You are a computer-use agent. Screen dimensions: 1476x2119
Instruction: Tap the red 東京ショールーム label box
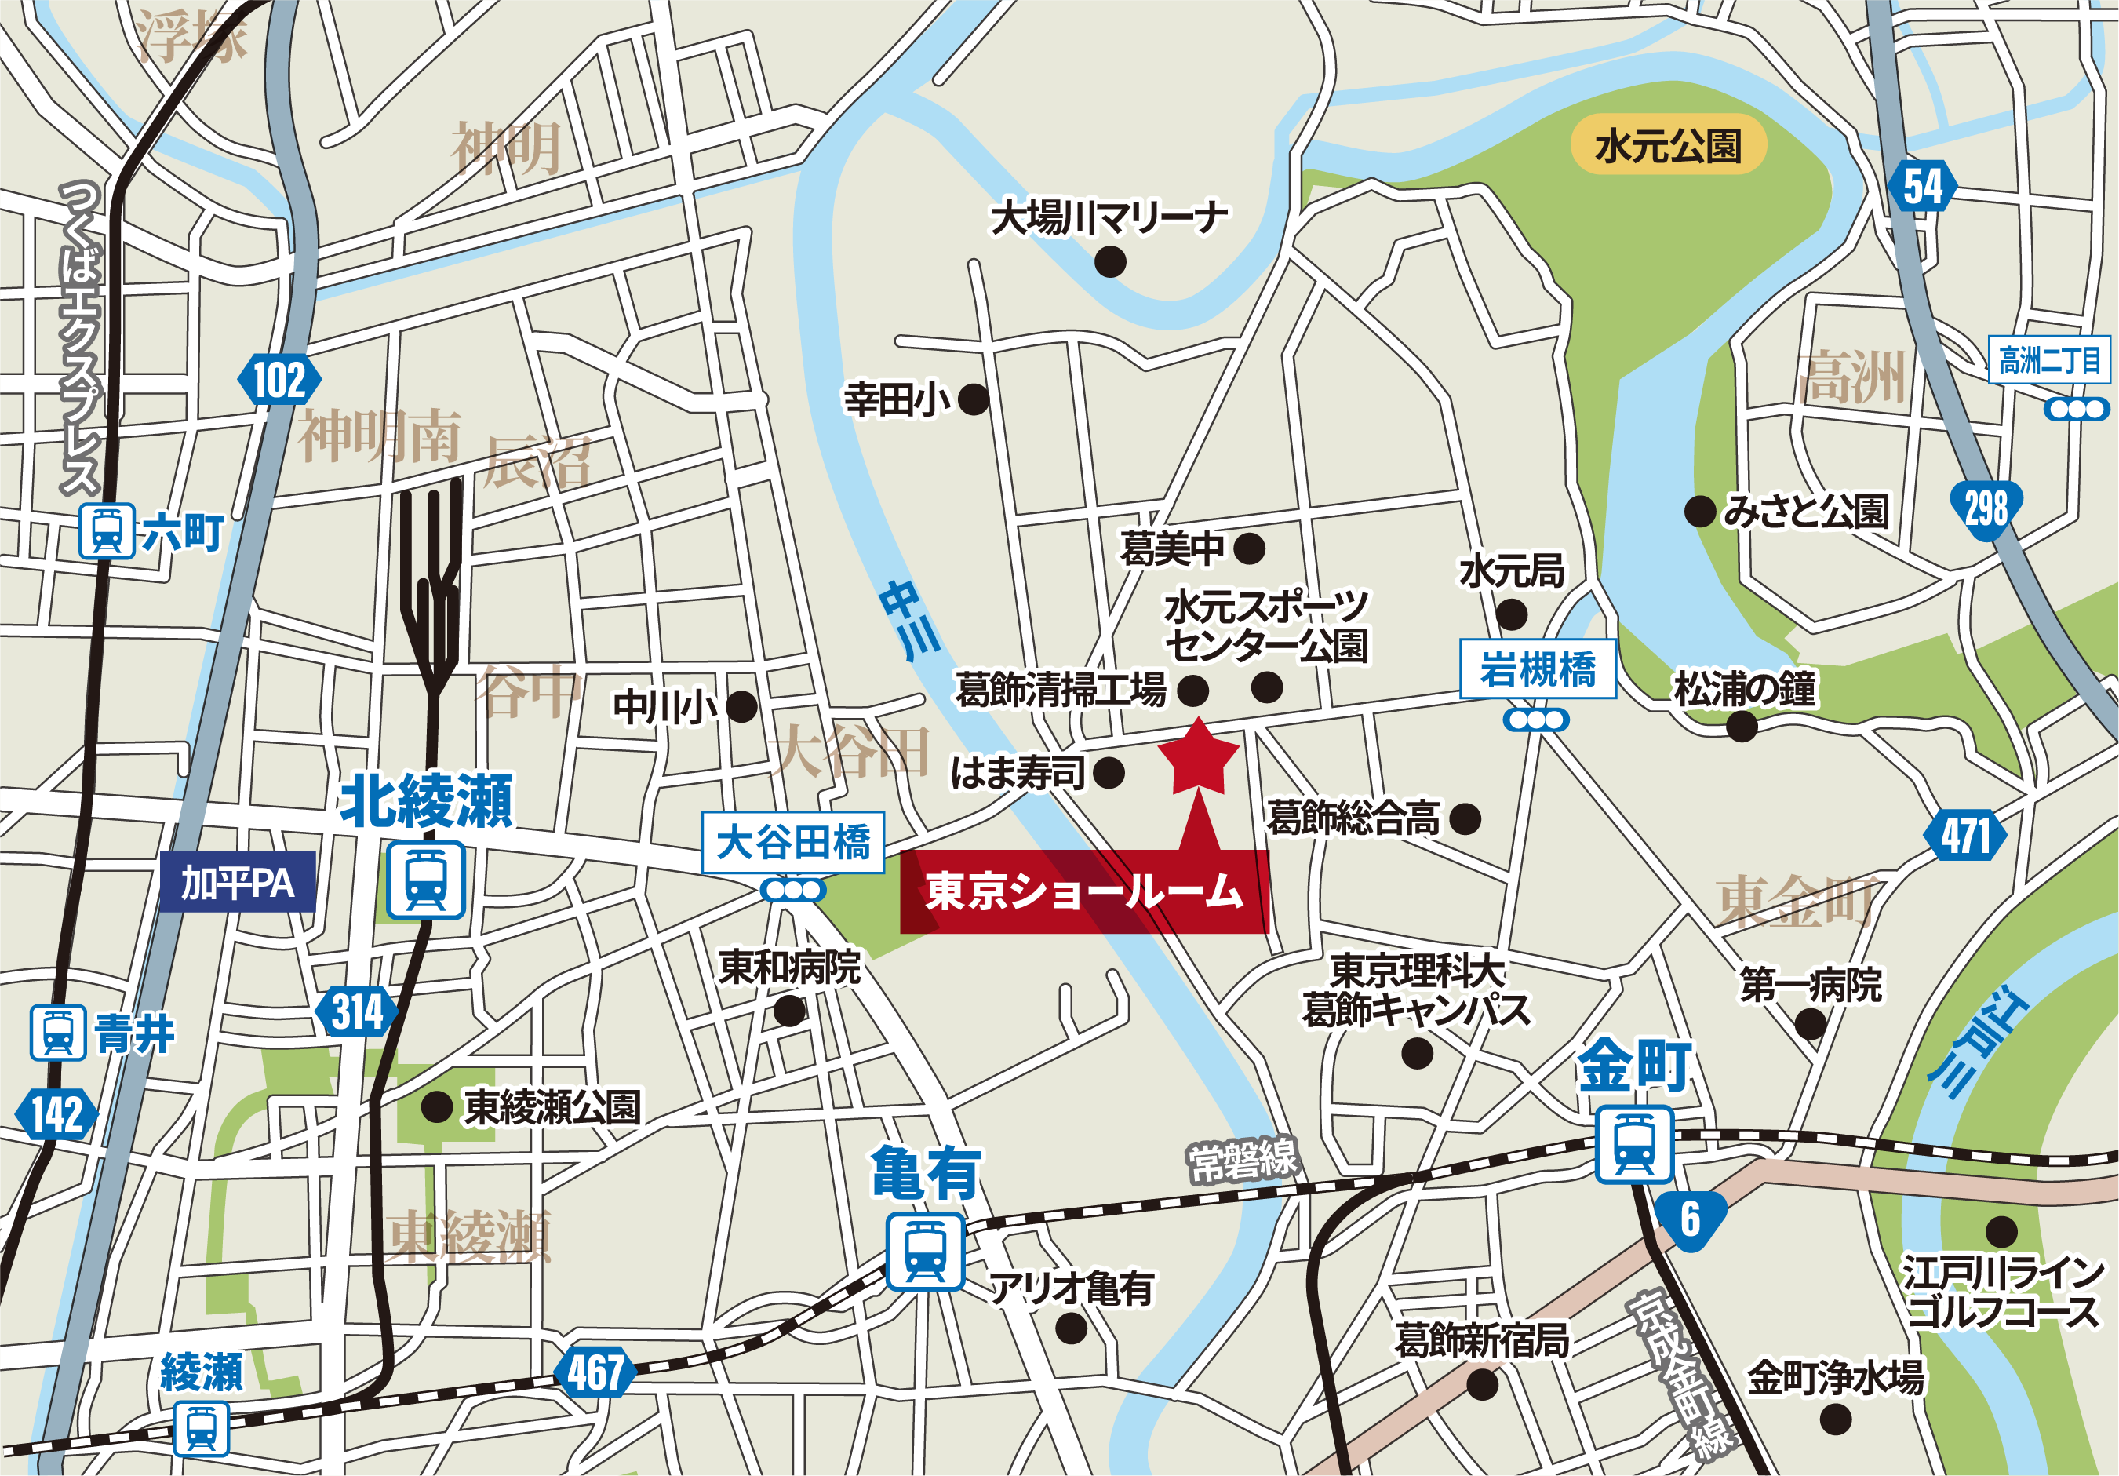(1083, 891)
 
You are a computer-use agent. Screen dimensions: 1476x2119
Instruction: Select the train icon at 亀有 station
(925, 1252)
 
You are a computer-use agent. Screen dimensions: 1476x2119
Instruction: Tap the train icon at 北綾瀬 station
(425, 880)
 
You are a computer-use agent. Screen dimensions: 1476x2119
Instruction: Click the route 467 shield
(595, 1372)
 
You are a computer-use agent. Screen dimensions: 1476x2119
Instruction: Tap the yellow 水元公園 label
(1668, 146)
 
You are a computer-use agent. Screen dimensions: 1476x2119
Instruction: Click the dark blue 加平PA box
(237, 883)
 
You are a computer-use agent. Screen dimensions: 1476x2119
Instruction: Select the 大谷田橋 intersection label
(793, 842)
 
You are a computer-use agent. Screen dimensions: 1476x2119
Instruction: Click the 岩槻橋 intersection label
(1538, 669)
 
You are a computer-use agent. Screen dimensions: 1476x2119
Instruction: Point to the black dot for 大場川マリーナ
(1109, 262)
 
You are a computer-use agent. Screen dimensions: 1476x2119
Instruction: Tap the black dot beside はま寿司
(1109, 773)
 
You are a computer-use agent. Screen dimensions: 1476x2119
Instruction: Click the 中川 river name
(909, 621)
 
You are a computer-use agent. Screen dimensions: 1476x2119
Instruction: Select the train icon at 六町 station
(107, 530)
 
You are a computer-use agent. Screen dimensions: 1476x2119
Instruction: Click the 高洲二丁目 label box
(2049, 360)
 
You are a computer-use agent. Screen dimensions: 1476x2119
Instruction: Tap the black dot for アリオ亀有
(1071, 1328)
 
